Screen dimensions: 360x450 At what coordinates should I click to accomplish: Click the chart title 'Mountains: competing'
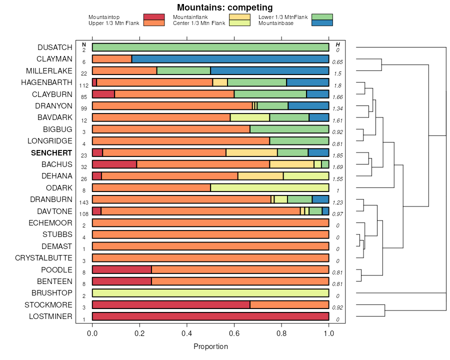click(x=224, y=7)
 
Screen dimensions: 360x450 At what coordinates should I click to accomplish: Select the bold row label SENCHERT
click(x=51, y=152)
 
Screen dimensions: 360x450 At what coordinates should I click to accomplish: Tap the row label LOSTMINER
click(x=50, y=316)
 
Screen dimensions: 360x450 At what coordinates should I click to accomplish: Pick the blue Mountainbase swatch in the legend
click(x=321, y=23)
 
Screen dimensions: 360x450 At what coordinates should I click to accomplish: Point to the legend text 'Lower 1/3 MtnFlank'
click(x=283, y=17)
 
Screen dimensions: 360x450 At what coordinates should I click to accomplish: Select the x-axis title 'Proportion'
click(x=210, y=346)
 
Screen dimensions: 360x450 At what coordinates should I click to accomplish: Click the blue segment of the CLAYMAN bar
click(x=230, y=59)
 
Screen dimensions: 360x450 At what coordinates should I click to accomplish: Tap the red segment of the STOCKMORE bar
click(x=171, y=305)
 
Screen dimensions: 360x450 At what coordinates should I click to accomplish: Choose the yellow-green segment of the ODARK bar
click(x=269, y=187)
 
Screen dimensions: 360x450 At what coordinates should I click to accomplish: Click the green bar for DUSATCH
click(x=210, y=47)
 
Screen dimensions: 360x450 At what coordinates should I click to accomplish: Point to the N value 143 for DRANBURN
click(x=83, y=202)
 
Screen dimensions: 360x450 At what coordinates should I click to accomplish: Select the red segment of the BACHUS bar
click(x=114, y=164)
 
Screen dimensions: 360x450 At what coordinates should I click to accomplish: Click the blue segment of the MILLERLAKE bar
click(x=269, y=70)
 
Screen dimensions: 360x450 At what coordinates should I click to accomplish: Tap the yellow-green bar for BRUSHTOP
click(x=210, y=293)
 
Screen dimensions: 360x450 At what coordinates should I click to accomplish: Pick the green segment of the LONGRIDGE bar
click(x=299, y=141)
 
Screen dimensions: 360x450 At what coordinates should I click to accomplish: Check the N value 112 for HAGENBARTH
click(x=83, y=85)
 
